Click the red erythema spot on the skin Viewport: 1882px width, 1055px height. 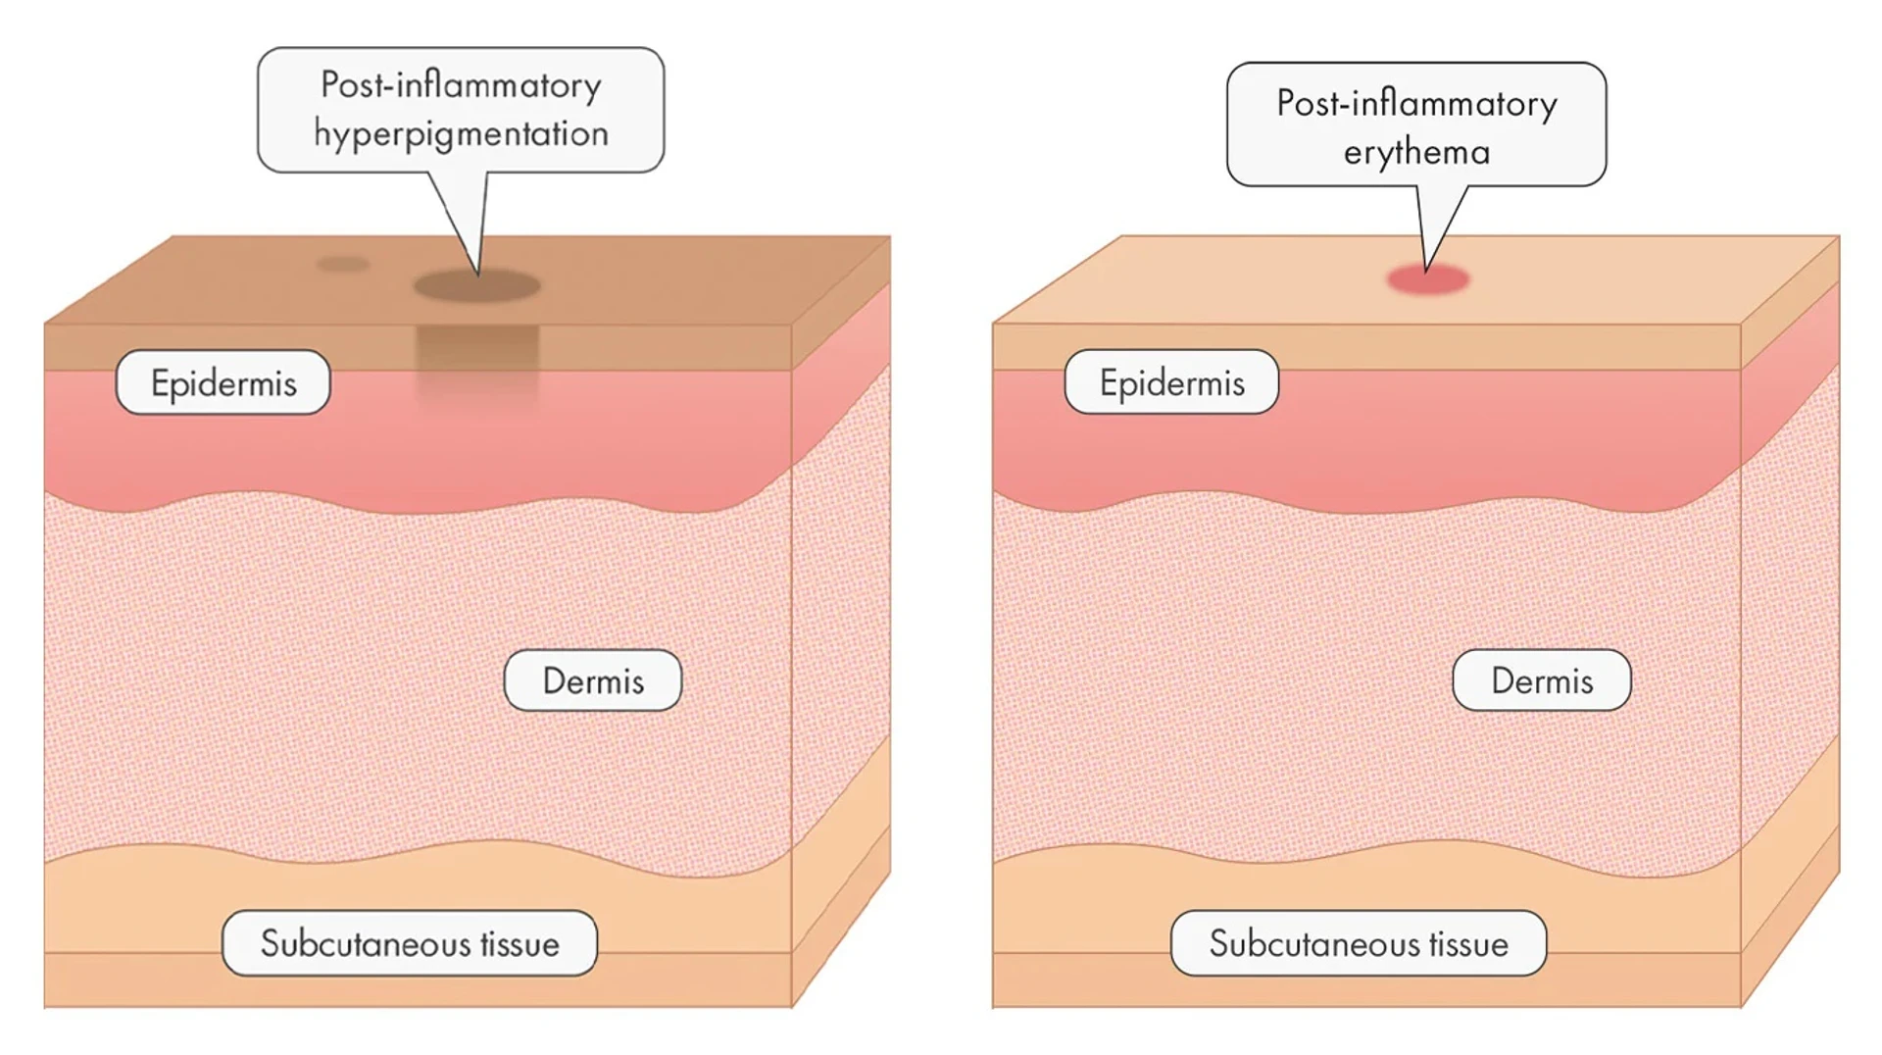[1427, 280]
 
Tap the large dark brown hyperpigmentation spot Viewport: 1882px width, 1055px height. [477, 286]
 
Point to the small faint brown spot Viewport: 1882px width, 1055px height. [342, 264]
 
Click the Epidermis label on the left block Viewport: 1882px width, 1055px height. [223, 382]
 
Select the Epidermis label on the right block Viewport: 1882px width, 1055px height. [1171, 382]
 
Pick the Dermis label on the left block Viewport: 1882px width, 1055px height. [593, 680]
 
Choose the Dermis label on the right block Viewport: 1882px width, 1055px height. [1542, 680]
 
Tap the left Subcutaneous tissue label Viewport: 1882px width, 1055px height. [410, 943]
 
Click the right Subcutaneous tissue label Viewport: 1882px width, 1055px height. [1359, 943]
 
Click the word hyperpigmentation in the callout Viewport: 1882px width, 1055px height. [461, 133]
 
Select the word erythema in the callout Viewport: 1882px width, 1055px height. [1416, 153]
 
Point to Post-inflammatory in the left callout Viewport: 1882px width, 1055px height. [461, 85]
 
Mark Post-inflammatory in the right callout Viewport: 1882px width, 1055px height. [1416, 104]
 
